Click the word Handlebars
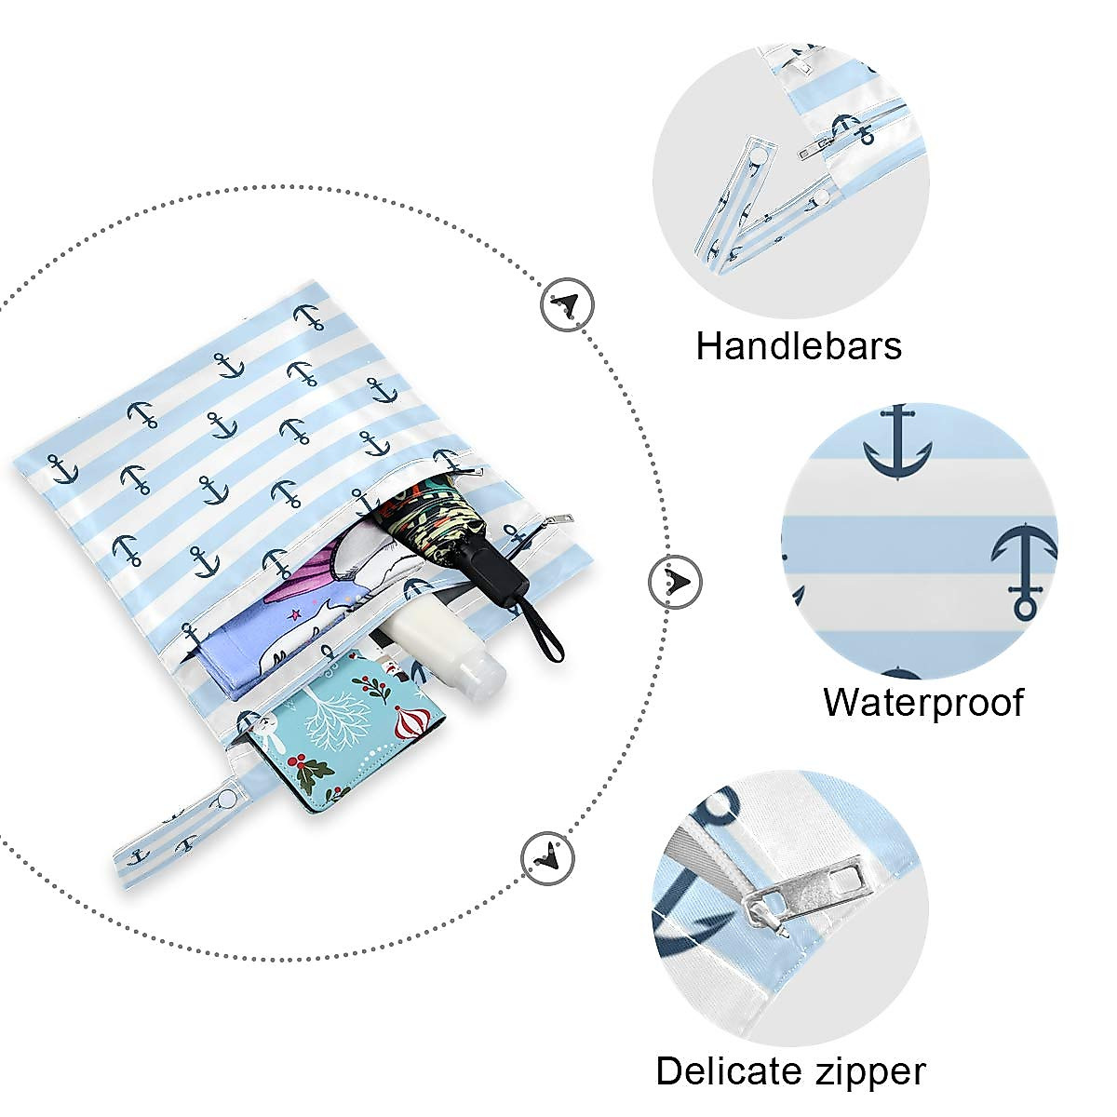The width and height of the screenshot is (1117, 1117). (798, 346)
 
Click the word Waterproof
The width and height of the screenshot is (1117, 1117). (923, 703)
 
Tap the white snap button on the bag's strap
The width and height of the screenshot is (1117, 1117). (226, 800)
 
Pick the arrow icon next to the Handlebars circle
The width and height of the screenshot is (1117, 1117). (568, 305)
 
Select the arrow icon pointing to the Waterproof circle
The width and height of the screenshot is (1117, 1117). (675, 582)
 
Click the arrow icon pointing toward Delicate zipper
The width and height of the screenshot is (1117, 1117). (548, 858)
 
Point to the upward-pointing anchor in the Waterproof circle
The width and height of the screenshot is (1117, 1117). (1024, 571)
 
